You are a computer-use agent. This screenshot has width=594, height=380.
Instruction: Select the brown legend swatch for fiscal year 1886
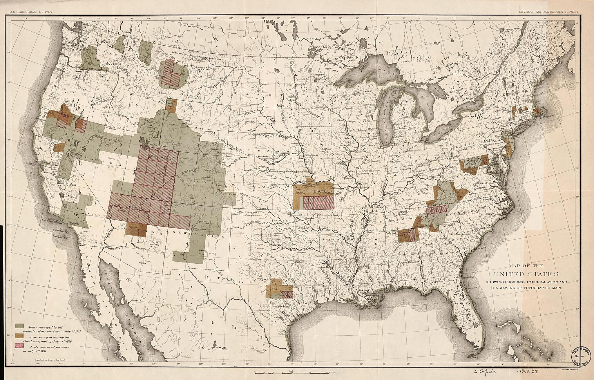(19, 336)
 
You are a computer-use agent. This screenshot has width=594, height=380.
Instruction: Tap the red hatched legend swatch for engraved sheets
(19, 346)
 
